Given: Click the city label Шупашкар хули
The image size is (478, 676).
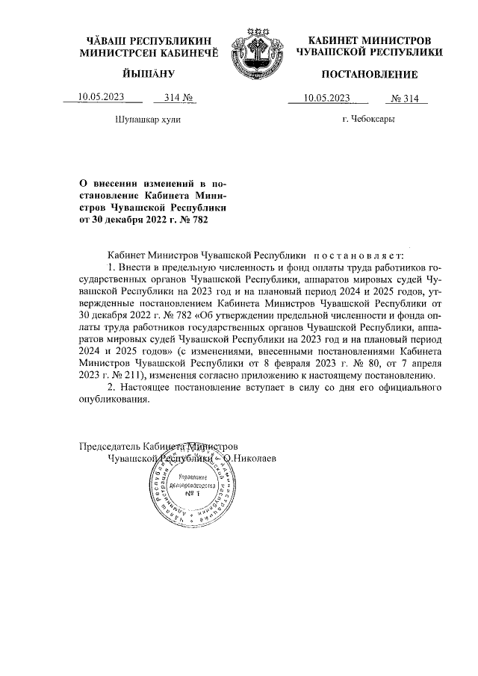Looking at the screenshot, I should point(148,119).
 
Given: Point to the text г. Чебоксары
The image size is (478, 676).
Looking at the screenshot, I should point(368,119).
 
